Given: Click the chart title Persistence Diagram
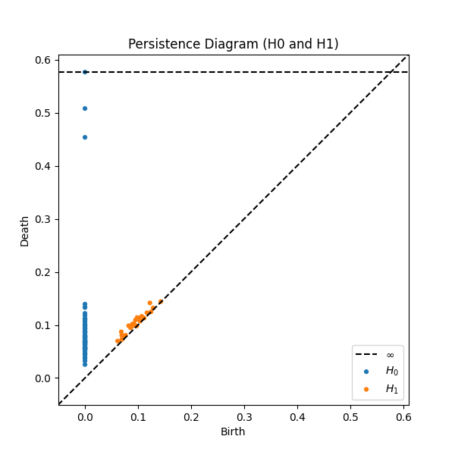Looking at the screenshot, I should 233,44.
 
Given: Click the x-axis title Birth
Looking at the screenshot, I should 233,431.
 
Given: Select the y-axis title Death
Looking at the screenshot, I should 25,231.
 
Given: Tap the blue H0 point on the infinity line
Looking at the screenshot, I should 85,72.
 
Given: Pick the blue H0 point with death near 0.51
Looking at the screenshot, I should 85,108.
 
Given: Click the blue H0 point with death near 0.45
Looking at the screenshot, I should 85,137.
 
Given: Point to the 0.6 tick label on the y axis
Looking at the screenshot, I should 43,60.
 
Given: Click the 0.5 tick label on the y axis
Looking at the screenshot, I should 43,113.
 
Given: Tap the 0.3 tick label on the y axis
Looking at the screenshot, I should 43,219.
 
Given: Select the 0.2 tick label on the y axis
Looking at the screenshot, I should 43,272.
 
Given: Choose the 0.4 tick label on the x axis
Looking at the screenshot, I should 297,417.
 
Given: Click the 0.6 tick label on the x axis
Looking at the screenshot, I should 403,417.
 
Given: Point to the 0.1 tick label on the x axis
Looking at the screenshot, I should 138,417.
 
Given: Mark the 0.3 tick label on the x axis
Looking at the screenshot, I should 244,417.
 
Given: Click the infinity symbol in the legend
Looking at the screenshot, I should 391,355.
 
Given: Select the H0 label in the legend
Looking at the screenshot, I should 391,371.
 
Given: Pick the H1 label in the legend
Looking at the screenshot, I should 391,388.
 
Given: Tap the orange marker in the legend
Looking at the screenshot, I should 367,389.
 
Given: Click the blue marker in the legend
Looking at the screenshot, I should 367,372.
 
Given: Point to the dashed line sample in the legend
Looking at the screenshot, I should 367,355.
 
